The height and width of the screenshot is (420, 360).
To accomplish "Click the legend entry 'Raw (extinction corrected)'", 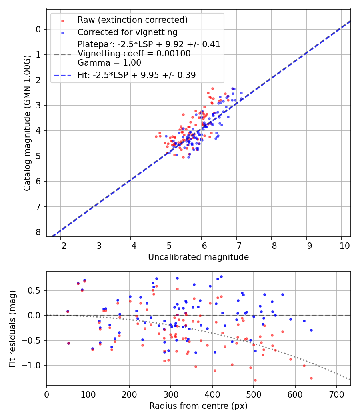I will pos(132,20).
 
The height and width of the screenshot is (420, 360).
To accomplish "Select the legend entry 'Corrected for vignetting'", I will pos(127,32).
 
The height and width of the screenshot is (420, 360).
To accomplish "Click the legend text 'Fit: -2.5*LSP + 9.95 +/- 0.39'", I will pos(136,75).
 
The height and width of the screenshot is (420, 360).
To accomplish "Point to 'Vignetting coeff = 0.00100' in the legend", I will pos(134,54).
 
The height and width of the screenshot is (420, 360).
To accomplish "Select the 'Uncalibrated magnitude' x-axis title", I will pos(198,257).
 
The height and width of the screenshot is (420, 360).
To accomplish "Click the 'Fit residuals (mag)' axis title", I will pos(12,328).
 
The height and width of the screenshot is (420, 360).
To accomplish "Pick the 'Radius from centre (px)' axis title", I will pos(198,406).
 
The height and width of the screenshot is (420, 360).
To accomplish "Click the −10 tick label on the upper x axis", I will pos(341,245).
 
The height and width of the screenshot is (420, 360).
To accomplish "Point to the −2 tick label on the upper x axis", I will pos(61,245).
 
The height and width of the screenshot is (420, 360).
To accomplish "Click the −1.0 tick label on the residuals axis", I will pos(34,365).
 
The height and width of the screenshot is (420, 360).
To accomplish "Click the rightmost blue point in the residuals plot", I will pos(311,330).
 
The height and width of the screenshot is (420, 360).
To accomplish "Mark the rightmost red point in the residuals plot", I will pos(311,378).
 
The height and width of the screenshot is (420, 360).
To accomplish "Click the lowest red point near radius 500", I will pos(255,380).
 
